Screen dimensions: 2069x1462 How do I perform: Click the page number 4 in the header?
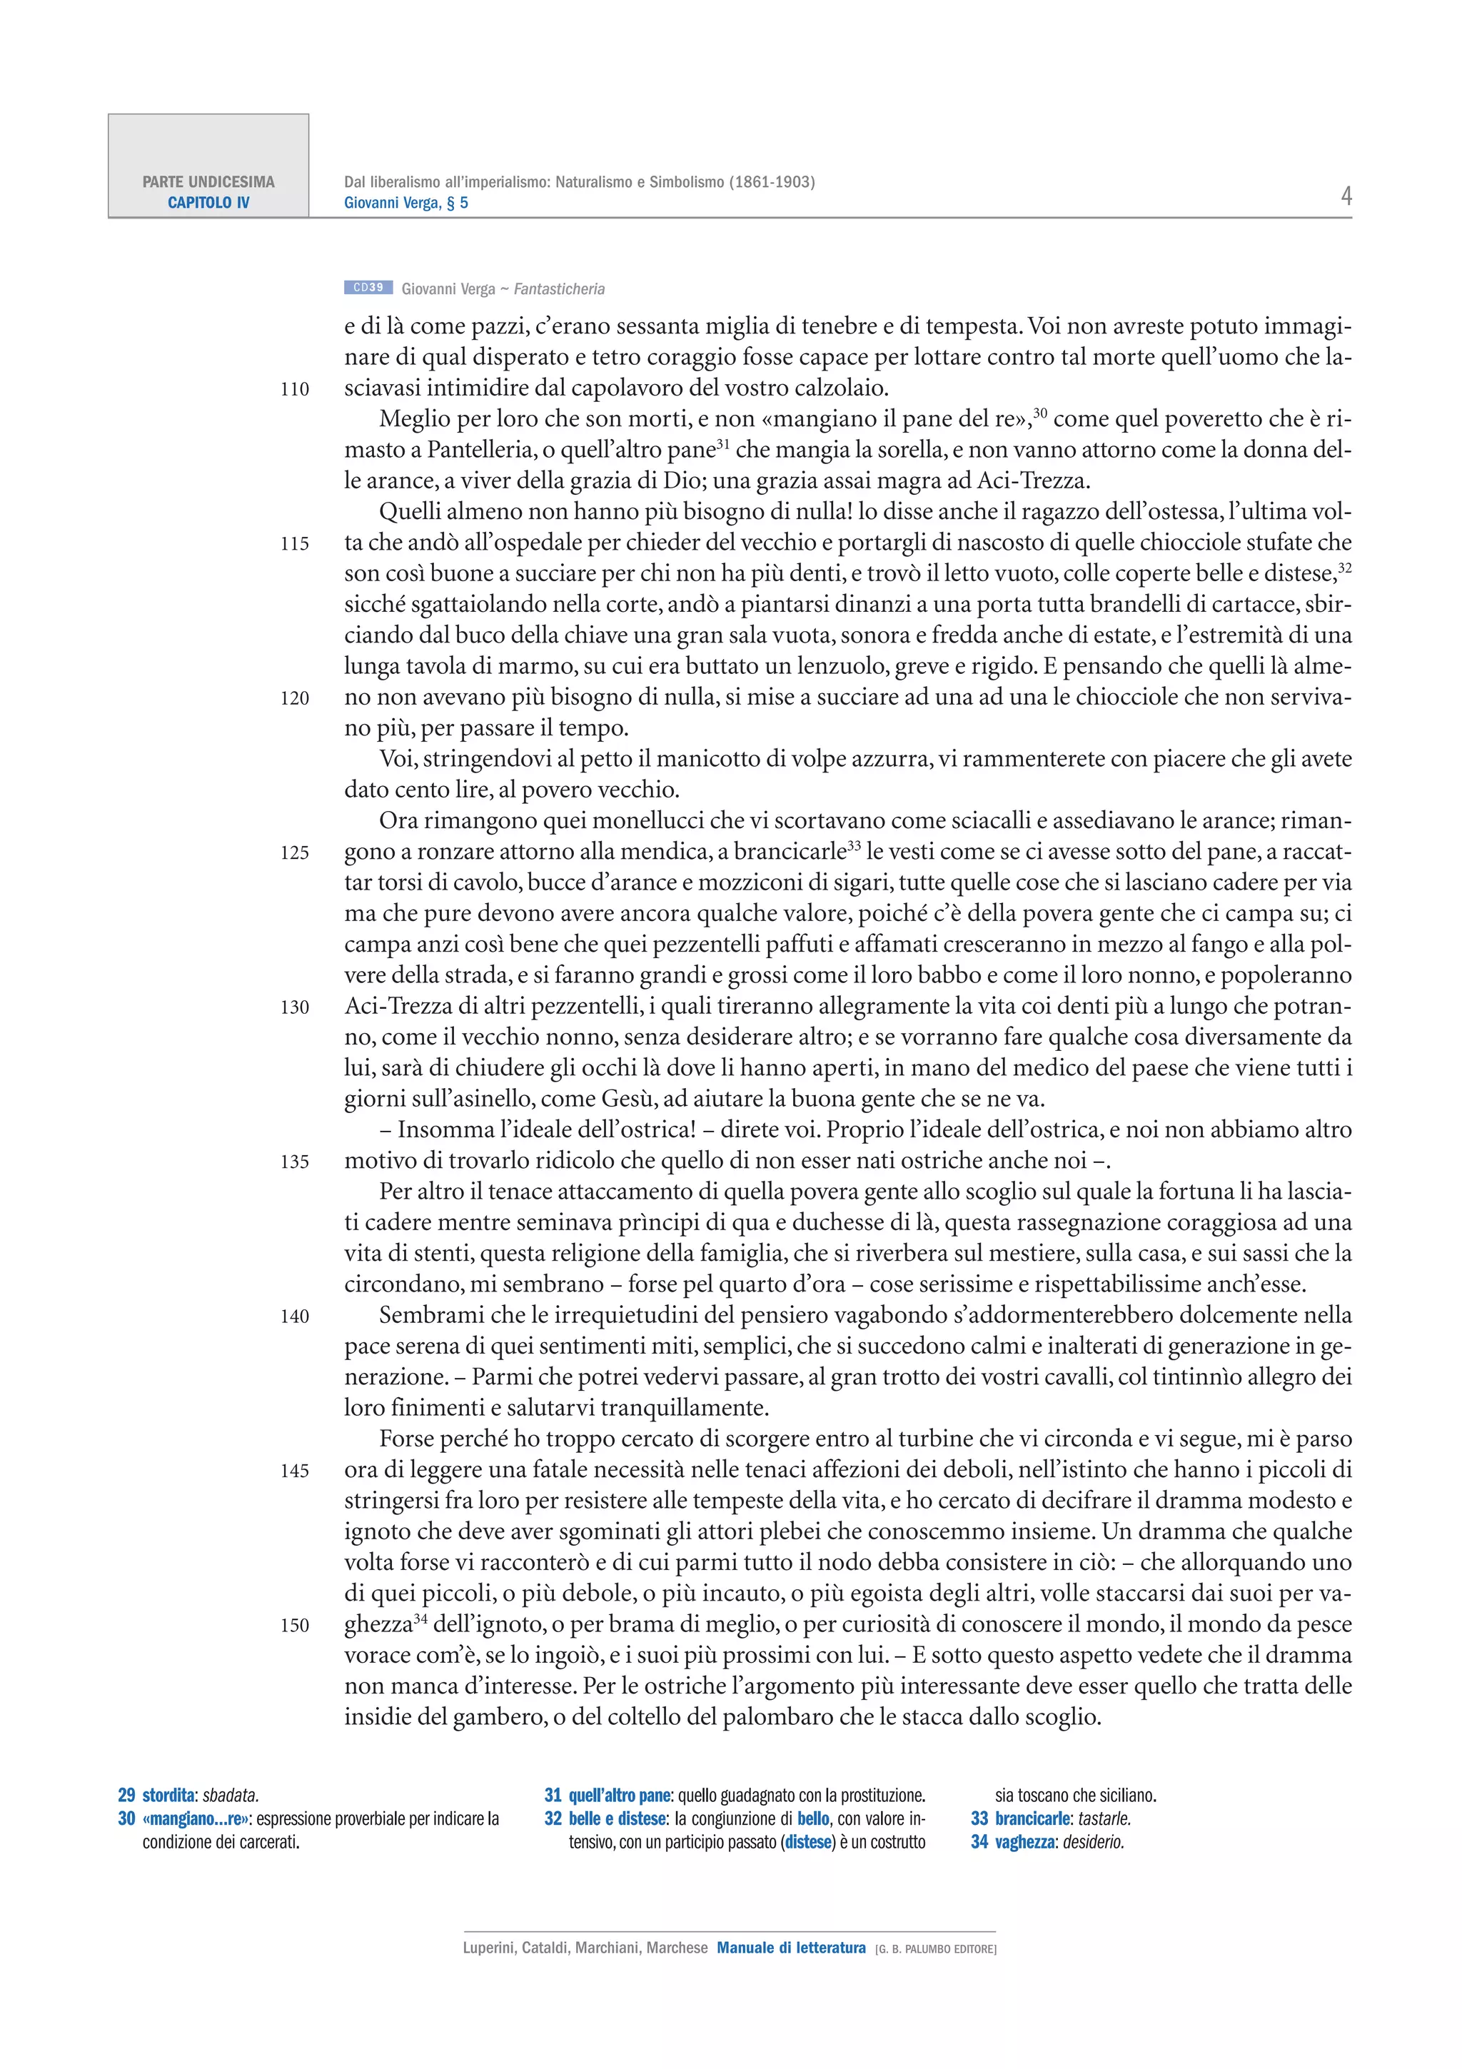[x=1346, y=196]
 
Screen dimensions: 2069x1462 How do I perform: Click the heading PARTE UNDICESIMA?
[x=208, y=182]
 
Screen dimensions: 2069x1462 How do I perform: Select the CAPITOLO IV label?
[x=208, y=203]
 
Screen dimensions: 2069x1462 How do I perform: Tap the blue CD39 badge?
[x=368, y=288]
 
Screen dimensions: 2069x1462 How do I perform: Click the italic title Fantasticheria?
[x=560, y=289]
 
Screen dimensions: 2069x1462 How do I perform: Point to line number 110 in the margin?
[x=295, y=389]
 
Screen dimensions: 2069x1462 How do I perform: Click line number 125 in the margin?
[x=295, y=852]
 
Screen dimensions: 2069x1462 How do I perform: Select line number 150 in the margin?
[x=295, y=1626]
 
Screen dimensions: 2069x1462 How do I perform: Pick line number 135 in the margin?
[x=295, y=1162]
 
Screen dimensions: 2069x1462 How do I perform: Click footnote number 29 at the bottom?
[x=126, y=1795]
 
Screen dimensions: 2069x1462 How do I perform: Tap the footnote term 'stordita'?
[x=168, y=1795]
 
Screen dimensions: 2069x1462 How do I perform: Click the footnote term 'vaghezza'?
[x=1024, y=1842]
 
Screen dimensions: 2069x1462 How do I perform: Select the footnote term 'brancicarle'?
[x=1033, y=1818]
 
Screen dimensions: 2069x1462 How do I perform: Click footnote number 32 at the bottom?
[x=553, y=1818]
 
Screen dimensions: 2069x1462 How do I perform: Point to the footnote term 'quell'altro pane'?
[x=620, y=1795]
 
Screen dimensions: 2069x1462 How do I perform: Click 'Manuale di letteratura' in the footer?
[x=791, y=1948]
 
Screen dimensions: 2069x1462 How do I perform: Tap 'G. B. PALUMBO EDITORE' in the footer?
[x=936, y=1949]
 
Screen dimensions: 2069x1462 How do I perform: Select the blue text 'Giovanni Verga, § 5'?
[x=405, y=203]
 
